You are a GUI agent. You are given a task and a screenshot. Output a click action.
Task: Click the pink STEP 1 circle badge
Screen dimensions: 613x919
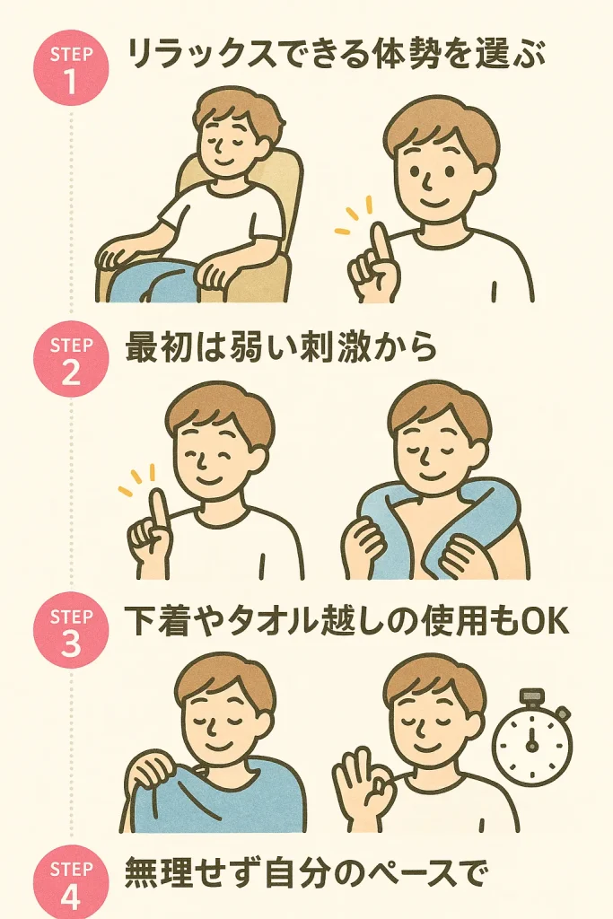71,69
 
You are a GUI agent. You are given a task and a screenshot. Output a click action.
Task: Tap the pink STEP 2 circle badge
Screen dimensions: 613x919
71,359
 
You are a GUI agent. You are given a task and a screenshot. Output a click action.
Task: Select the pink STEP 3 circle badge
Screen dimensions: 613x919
71,631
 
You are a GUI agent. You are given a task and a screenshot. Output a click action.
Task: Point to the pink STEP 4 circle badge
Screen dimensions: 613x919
71,882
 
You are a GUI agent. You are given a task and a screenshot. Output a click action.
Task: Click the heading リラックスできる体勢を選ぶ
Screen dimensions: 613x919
336,57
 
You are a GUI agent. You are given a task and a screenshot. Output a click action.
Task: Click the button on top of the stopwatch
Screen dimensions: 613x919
532,696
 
